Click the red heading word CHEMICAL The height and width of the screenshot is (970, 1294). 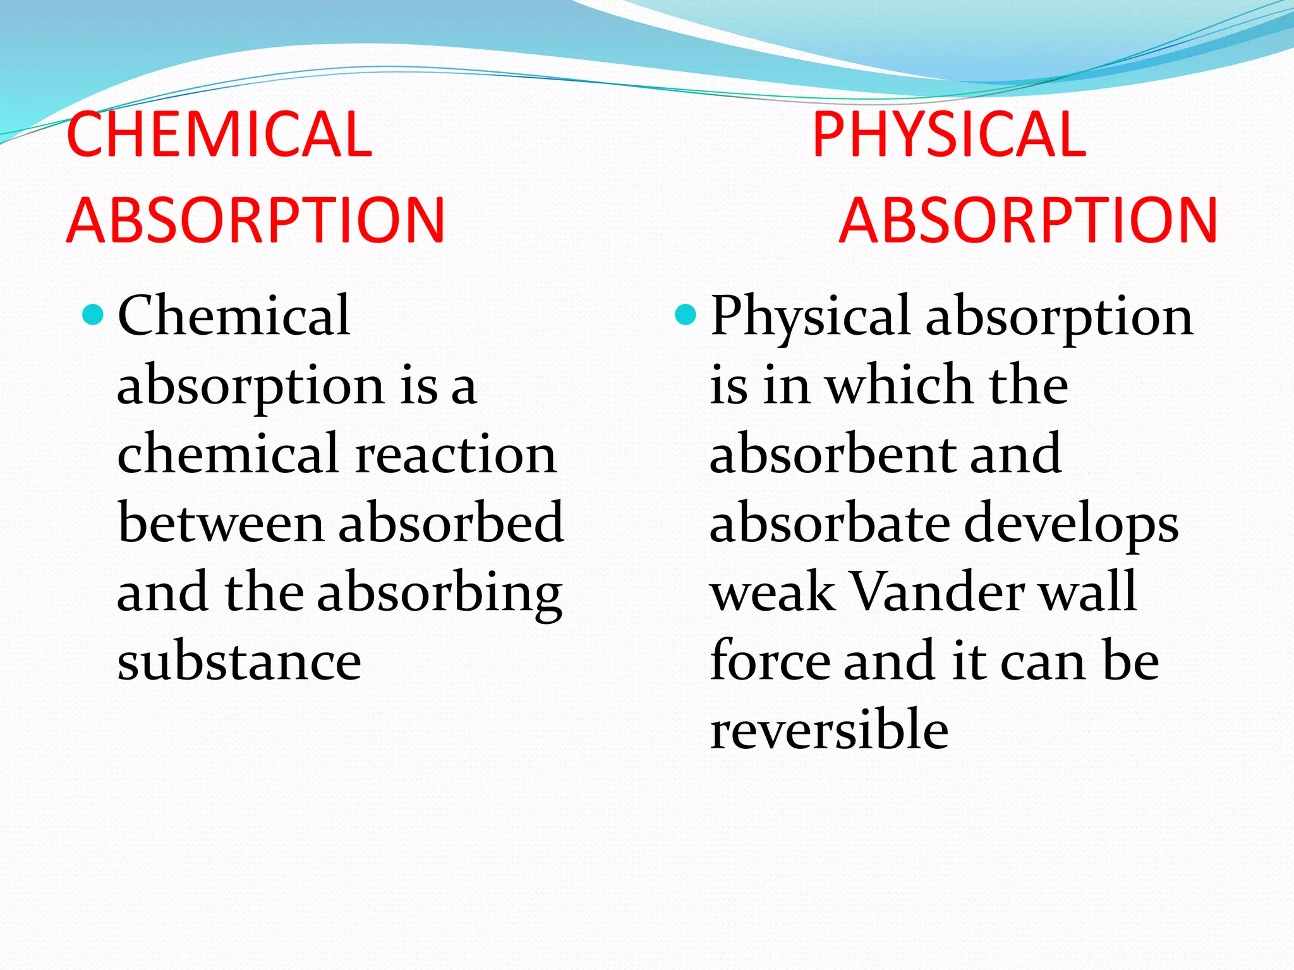click(219, 134)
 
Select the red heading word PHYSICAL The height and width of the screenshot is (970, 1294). click(948, 134)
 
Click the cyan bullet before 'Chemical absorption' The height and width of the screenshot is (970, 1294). click(93, 314)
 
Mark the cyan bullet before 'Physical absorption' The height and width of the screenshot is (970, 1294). click(686, 314)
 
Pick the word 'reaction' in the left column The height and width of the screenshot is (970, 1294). click(456, 454)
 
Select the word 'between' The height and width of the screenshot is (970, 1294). click(221, 523)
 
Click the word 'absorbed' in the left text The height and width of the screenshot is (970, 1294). click(450, 523)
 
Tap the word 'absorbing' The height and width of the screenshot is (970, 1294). click(439, 594)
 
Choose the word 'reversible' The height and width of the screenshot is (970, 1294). click(829, 729)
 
